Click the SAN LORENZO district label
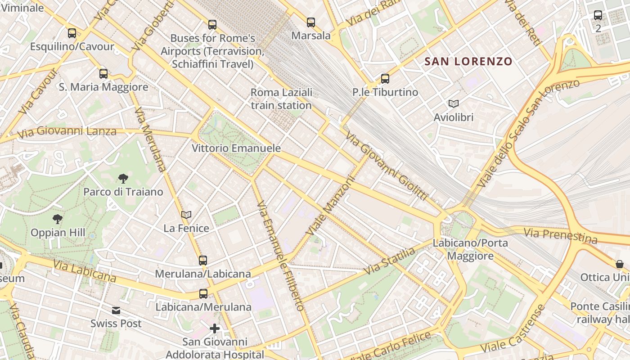468,62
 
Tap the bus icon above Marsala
311,22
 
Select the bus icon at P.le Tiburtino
385,79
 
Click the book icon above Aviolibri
454,104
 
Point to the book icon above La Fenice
186,215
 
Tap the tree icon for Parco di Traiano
123,179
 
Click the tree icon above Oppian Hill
58,220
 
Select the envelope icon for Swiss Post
116,310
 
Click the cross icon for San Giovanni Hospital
215,328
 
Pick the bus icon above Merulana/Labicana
203,260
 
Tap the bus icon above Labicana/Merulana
203,294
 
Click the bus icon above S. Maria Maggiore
103,74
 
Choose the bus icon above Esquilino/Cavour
72,33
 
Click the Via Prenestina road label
561,235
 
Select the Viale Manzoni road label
331,205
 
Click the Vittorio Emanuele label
236,148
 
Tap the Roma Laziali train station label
281,99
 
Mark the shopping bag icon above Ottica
620,264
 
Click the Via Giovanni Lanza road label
67,131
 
